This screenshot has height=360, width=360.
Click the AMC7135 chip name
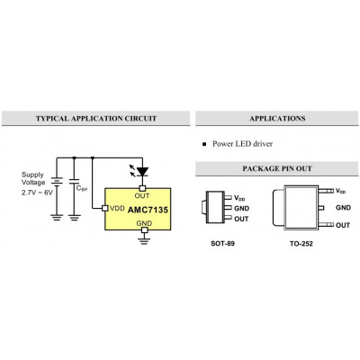148,210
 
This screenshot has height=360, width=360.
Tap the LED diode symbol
142,172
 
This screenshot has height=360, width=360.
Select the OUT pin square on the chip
142,188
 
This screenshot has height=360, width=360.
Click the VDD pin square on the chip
105,208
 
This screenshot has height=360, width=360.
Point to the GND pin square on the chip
145,230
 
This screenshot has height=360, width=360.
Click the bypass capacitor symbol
74,181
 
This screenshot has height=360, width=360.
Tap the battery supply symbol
57,182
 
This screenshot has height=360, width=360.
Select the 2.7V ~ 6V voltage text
37,193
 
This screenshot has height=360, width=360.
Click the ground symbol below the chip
144,241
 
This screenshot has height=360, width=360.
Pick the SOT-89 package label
222,243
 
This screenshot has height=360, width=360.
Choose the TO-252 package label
301,243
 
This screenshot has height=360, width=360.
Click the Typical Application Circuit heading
96,119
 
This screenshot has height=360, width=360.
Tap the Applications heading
277,119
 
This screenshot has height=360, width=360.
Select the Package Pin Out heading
277,168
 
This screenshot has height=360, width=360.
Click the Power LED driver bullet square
204,144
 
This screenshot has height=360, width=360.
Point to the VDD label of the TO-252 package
340,191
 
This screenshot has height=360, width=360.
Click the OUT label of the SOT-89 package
241,219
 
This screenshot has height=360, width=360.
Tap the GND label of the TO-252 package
343,208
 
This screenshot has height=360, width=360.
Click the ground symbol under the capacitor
74,218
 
